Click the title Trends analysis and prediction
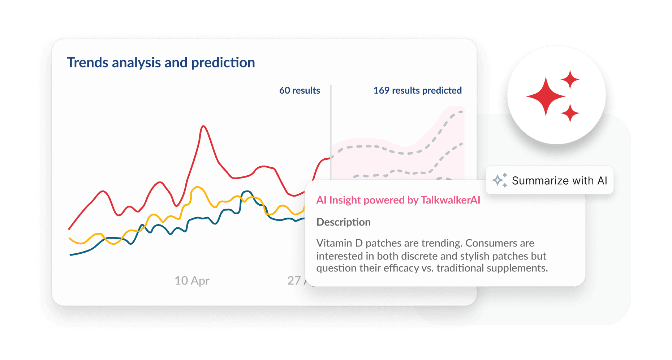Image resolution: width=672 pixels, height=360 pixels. [161, 63]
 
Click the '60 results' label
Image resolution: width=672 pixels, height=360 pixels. [300, 90]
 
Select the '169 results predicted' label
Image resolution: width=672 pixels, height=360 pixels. [417, 90]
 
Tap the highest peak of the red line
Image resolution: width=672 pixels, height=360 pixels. [204, 126]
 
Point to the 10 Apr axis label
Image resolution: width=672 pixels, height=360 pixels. [192, 280]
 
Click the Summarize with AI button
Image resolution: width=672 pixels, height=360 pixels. [549, 180]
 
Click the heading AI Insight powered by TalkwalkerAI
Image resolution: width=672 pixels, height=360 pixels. [398, 200]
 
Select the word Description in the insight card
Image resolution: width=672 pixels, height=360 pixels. [343, 222]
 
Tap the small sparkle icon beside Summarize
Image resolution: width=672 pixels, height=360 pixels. [500, 180]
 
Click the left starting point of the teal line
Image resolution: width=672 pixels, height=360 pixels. [70, 255]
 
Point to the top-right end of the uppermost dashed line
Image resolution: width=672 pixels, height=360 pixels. [462, 112]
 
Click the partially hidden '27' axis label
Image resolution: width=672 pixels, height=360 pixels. [294, 280]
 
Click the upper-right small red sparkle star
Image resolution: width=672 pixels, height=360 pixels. [570, 80]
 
